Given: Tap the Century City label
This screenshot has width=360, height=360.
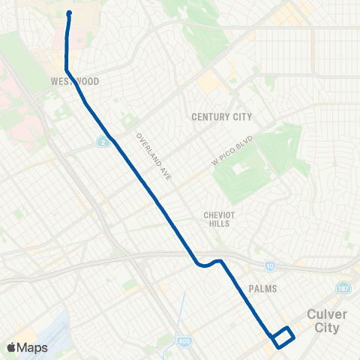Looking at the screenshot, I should coord(221,117).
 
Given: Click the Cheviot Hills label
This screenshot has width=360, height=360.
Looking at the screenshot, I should coord(220,219).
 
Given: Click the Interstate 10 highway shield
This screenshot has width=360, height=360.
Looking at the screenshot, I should coord(270,265).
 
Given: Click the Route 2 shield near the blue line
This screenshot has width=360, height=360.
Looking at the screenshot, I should coord(101,140).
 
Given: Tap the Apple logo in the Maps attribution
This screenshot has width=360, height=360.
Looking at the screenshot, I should coord(11,348).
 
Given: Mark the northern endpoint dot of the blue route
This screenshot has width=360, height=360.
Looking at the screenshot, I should coord(69,13).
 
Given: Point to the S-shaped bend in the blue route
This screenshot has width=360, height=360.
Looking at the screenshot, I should coord(208,262).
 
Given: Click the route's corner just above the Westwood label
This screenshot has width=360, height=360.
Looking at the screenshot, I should coord(67,70).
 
